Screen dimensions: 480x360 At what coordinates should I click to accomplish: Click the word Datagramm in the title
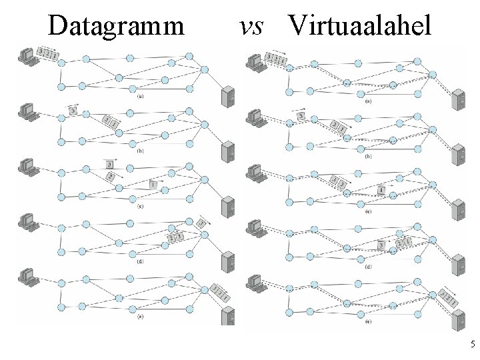tap(116, 25)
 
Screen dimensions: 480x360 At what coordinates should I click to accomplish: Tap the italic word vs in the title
tap(251, 25)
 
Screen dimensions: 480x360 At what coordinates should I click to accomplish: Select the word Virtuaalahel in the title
tap(360, 25)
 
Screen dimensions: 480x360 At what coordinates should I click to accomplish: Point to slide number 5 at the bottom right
tap(472, 345)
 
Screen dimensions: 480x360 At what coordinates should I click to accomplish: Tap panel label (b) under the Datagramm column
tap(141, 151)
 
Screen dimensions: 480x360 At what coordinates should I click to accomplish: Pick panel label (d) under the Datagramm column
tap(141, 261)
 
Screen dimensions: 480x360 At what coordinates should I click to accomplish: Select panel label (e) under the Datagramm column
tap(141, 316)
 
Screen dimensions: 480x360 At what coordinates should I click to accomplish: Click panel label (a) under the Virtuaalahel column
tap(369, 101)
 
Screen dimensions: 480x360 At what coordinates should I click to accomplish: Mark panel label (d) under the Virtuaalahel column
tap(369, 266)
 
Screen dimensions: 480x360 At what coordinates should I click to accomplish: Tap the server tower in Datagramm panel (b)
tap(228, 153)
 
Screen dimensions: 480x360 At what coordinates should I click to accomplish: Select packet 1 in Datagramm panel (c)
tap(153, 184)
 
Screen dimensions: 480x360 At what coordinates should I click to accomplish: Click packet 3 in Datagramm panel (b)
tap(73, 111)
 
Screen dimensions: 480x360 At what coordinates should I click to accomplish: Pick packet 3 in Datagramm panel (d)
tap(200, 223)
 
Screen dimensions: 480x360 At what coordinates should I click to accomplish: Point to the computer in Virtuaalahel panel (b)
tap(254, 117)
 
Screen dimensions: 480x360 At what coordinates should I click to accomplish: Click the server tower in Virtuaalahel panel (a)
tap(459, 100)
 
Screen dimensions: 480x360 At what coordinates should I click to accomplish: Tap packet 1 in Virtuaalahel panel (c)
tap(381, 191)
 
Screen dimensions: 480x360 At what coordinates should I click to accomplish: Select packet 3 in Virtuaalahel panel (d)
tap(381, 245)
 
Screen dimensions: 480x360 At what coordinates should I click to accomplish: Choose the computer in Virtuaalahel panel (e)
tap(254, 281)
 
